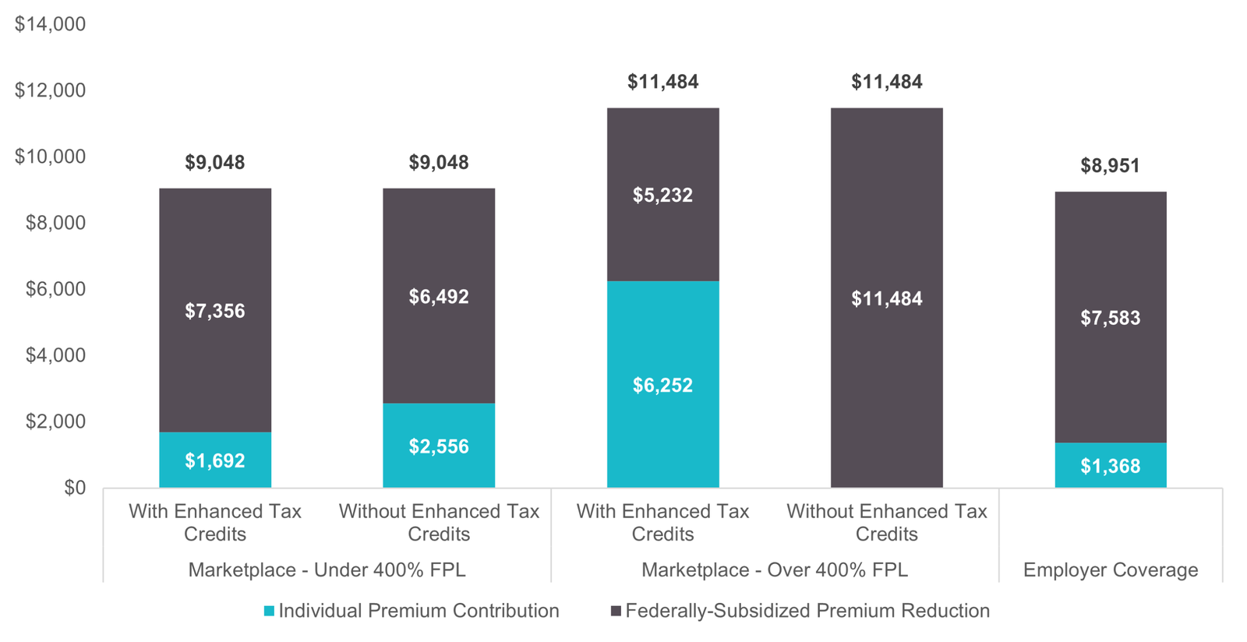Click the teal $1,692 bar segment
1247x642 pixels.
pos(215,460)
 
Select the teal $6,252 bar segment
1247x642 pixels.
pos(662,384)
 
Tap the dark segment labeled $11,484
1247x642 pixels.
pos(886,298)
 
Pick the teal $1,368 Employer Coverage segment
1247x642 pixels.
pos(1110,466)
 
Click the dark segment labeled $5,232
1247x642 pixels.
pos(662,195)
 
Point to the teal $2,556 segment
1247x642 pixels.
pos(439,446)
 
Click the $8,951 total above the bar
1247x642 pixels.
pos(1110,166)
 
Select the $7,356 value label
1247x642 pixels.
pos(215,312)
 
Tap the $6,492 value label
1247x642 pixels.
pos(439,297)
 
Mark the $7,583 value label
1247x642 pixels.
pos(1110,318)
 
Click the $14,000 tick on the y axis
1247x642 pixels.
pos(51,24)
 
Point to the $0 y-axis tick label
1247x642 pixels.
pos(75,488)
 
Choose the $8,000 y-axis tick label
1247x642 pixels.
pos(55,223)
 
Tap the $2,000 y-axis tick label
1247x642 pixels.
pos(55,422)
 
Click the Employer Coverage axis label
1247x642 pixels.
pos(1110,570)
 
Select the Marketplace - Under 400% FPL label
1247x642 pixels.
pos(327,570)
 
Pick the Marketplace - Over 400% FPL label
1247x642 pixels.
pos(774,570)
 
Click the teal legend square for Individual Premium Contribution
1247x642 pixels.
pos(269,612)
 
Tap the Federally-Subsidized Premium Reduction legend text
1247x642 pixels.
pos(807,611)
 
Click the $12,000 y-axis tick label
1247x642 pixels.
pos(51,90)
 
